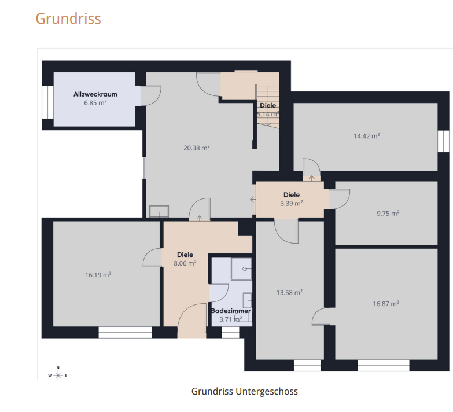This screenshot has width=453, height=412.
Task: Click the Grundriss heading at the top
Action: click(x=68, y=19)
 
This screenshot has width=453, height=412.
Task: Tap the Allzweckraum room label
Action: click(x=95, y=94)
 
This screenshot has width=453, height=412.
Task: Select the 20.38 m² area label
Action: click(x=197, y=148)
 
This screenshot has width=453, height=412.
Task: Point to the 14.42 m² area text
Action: click(x=367, y=136)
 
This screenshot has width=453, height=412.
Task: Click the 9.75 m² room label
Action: click(x=388, y=213)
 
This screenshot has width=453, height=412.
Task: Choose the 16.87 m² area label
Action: click(x=386, y=304)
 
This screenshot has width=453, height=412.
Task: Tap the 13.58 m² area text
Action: click(x=289, y=292)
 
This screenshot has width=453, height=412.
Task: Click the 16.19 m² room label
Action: click(x=98, y=275)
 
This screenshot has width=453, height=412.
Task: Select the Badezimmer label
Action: click(x=231, y=311)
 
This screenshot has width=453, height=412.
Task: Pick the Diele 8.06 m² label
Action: click(x=185, y=259)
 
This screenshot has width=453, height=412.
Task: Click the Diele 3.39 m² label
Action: click(x=292, y=199)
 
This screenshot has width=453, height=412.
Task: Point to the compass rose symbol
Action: click(x=58, y=375)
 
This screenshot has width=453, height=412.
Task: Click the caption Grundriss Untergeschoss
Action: click(x=244, y=392)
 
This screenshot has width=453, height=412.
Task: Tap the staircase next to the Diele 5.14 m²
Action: click(x=268, y=106)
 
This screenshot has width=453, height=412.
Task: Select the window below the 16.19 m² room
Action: click(x=125, y=332)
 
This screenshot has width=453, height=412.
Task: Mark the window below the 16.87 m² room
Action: click(x=384, y=366)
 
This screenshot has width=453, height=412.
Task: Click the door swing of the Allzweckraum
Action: click(x=151, y=95)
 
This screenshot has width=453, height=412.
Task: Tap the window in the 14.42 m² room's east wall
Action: click(x=444, y=141)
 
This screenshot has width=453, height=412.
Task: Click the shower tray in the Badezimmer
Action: click(x=241, y=269)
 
